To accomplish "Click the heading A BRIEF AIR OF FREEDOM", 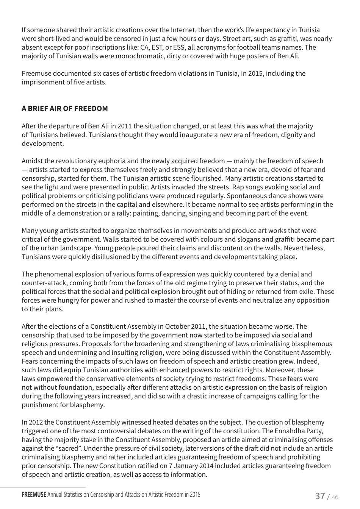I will point(65,109).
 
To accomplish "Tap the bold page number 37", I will point(320,496).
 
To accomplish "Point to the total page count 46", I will point(335,497).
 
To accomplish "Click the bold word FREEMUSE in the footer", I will point(34,495).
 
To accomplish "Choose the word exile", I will point(307,292).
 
